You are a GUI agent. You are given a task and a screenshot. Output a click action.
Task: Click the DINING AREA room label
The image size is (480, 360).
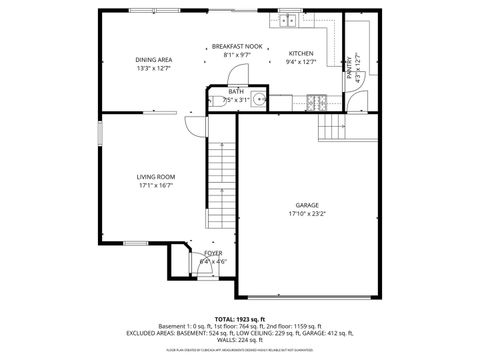153,59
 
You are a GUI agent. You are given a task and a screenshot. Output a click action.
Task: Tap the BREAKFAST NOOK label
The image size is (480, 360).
237,46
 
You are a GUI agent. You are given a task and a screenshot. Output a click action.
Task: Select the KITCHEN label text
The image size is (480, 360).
301,53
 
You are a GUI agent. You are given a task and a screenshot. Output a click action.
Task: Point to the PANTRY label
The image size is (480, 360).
350,67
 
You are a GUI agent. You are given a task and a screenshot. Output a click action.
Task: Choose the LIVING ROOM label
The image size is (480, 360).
156,177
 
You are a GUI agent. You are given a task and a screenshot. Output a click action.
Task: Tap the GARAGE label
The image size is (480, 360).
307,205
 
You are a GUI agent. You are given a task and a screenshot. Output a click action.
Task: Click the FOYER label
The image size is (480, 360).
213,253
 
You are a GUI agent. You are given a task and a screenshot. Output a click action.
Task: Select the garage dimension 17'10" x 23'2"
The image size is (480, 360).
307,213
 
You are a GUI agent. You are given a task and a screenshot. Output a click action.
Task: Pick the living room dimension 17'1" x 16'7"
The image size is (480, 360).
156,185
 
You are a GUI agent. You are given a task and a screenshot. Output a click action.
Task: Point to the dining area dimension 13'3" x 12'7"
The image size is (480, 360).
153,68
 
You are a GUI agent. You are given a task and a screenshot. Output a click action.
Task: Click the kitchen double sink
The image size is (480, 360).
287,19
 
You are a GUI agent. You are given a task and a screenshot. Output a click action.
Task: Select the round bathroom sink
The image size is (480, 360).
258,99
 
